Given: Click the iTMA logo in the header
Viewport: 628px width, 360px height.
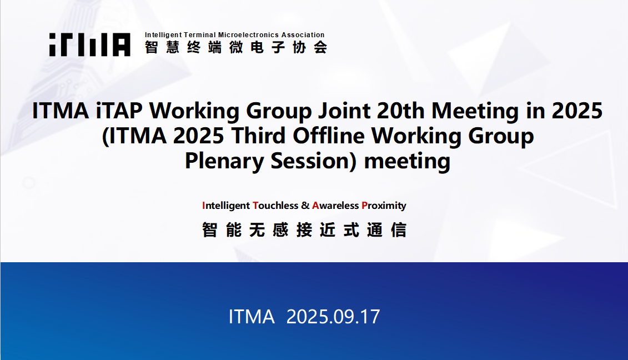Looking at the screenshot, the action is (90, 44).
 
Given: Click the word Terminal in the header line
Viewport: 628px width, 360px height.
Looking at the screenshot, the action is (200, 35).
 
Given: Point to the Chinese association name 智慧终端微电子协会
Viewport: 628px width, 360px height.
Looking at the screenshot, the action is (236, 48).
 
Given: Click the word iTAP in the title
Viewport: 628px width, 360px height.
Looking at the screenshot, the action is (119, 111).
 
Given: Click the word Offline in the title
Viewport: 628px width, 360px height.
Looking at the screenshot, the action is (329, 136).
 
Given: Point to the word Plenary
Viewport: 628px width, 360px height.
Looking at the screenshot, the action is (224, 161).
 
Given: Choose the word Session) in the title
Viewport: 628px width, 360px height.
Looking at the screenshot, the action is (314, 161).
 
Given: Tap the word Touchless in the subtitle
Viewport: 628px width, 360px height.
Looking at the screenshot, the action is (275, 206).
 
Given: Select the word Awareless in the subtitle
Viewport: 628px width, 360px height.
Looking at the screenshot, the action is (335, 206).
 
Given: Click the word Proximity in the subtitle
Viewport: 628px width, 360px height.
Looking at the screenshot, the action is (384, 206).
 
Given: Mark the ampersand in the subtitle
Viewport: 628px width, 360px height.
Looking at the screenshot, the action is (305, 206).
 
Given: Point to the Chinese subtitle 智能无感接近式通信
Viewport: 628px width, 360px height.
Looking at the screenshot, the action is (304, 230).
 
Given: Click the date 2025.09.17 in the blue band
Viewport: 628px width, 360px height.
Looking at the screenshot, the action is (333, 317).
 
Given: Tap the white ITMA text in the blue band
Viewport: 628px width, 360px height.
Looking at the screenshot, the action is (252, 317).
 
